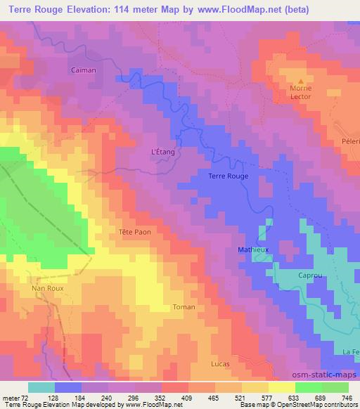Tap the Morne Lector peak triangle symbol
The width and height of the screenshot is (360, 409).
click(302, 81)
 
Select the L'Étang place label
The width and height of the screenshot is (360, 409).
click(163, 151)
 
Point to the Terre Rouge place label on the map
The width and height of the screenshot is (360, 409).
click(229, 176)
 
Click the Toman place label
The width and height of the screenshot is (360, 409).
click(184, 307)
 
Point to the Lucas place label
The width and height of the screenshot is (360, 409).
click(220, 363)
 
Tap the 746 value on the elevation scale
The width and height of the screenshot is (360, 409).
click(347, 396)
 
